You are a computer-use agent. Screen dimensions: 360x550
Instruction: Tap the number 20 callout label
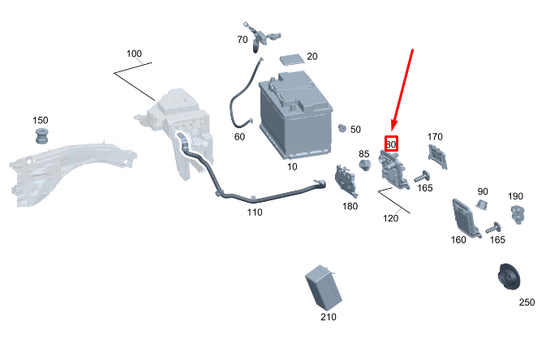pyautogui.click(x=312, y=56)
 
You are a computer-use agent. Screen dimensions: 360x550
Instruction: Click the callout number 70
pyautogui.click(x=243, y=40)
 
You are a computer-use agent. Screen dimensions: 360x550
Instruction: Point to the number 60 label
pyautogui.click(x=239, y=137)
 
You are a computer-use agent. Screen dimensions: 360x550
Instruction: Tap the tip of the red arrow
pyautogui.click(x=392, y=131)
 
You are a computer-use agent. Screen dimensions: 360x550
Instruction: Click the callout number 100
pyautogui.click(x=134, y=54)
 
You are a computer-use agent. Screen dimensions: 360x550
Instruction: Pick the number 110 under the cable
pyautogui.click(x=255, y=212)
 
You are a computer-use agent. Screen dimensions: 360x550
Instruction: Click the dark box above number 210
pyautogui.click(x=322, y=286)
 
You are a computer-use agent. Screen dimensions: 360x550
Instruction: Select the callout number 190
pyautogui.click(x=516, y=197)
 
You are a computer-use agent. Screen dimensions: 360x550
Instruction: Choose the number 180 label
pyautogui.click(x=350, y=207)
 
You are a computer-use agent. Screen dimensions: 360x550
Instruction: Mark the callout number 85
pyautogui.click(x=364, y=154)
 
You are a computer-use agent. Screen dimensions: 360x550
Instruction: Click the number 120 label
pyautogui.click(x=391, y=218)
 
